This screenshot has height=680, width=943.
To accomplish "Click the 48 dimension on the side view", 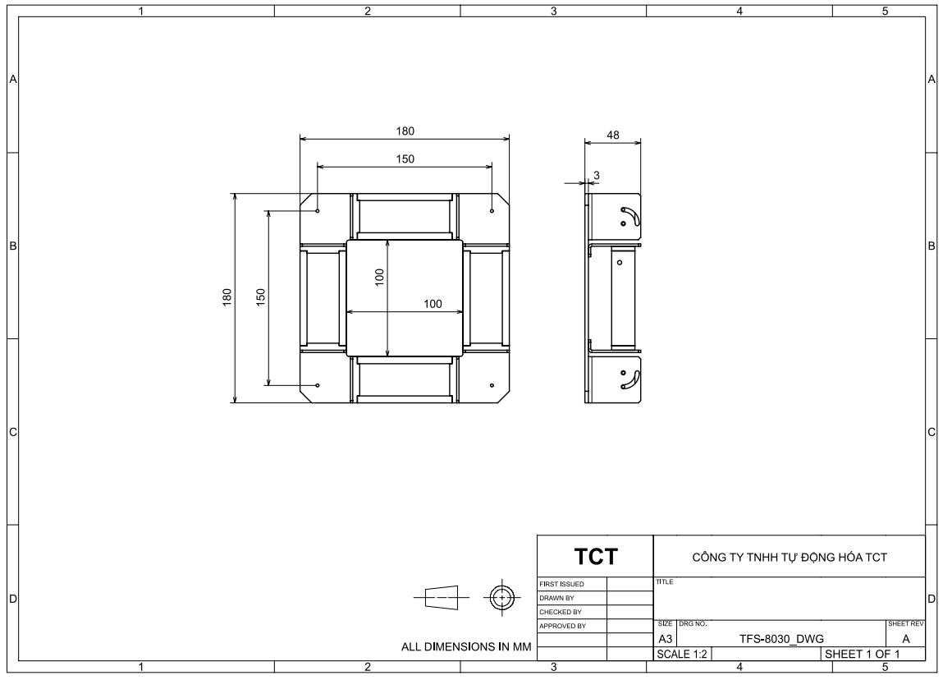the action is (x=613, y=135).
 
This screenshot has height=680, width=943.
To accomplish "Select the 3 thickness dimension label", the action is (x=597, y=175).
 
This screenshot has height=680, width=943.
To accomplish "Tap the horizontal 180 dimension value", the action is (x=405, y=131).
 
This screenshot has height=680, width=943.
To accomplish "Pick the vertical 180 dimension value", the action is (x=227, y=297).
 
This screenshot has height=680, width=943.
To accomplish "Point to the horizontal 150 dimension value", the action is (x=405, y=159).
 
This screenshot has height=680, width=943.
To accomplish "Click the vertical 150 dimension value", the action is (x=260, y=297).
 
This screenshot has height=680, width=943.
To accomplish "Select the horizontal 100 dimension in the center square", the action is (x=433, y=304).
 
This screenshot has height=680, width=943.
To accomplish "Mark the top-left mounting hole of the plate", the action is (x=318, y=210).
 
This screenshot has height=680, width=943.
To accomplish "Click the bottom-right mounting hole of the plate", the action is (x=492, y=385).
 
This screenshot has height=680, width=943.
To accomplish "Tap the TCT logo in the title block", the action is (x=595, y=557).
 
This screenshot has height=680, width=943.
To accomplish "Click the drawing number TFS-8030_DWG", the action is (x=781, y=639).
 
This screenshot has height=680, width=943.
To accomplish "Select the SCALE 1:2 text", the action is (x=682, y=654).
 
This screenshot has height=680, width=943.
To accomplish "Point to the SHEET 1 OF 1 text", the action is (x=862, y=654).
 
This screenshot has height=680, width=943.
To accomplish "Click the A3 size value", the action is (x=665, y=639).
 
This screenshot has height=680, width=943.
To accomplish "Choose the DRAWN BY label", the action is (x=556, y=598).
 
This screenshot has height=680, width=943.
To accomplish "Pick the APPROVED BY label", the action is (x=562, y=626).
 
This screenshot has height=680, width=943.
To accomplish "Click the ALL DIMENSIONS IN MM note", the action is (x=466, y=647).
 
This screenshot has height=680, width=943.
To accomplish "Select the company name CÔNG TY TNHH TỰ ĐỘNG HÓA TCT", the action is (x=789, y=558).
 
